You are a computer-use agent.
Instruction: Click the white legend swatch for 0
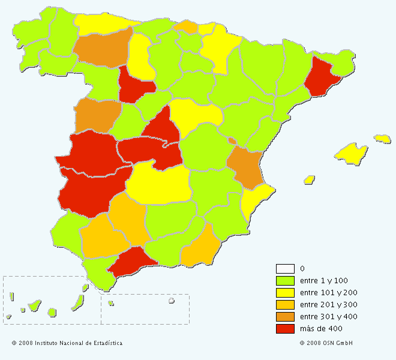pyautogui.click(x=285, y=269)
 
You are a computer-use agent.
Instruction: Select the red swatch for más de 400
pyautogui.click(x=285, y=329)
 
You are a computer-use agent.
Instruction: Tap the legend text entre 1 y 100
pyautogui.click(x=324, y=281)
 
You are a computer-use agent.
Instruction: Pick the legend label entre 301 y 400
pyautogui.click(x=328, y=317)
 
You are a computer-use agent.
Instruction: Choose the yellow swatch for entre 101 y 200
pyautogui.click(x=285, y=293)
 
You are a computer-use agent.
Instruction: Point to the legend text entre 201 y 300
pyautogui.click(x=328, y=305)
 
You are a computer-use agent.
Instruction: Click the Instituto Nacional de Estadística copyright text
pyautogui.click(x=67, y=343)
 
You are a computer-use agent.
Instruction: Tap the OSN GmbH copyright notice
pyautogui.click(x=326, y=343)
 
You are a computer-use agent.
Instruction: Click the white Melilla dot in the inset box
pyautogui.click(x=171, y=301)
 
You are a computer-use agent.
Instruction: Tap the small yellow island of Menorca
pyautogui.click(x=382, y=139)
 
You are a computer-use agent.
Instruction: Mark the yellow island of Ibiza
pyautogui.click(x=310, y=179)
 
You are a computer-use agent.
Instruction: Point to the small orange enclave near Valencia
pyautogui.click(x=232, y=140)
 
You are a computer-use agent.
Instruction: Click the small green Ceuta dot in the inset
pyautogui.click(x=111, y=303)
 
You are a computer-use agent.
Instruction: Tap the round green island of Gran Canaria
pyautogui.click(x=52, y=312)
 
